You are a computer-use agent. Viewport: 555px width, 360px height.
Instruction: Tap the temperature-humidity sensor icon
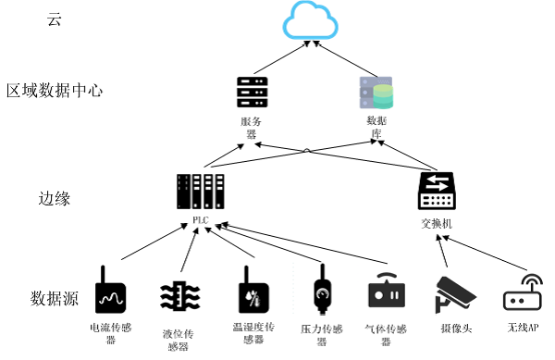coord(246,291)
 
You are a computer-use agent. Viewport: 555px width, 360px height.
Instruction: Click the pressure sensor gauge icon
coord(321,291)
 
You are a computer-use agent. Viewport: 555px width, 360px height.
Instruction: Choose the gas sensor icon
coord(387,292)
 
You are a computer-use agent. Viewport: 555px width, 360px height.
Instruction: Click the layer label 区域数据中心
coord(55,92)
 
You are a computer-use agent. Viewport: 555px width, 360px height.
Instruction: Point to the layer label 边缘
coord(55,198)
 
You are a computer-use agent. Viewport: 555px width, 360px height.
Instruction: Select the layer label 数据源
coord(55,299)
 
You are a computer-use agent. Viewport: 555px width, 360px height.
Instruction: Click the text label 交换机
coord(436,224)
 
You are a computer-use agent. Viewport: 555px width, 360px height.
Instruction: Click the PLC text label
coord(200,220)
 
